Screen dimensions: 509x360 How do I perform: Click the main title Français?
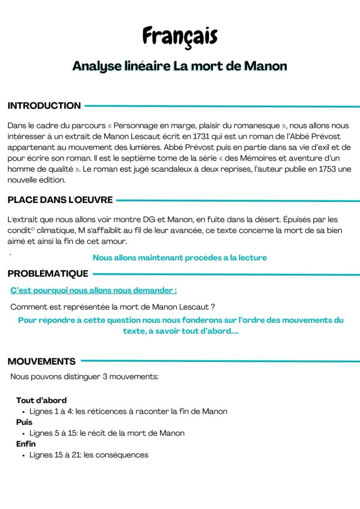180,36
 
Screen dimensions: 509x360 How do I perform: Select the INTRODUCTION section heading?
44,106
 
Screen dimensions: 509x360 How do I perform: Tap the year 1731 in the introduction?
201,136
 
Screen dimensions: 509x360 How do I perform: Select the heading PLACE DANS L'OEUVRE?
60,200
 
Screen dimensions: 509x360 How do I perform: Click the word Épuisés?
298,220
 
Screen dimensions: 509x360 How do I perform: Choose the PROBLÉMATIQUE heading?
48,273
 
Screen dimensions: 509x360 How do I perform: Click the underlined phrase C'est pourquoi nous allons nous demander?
93,290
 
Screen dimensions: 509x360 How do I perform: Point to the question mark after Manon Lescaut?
213,307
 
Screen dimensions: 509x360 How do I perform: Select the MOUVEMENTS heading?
41,361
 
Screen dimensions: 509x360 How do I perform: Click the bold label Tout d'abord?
41,400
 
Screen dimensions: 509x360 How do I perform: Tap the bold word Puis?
24,422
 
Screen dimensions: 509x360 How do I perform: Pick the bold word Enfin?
26,444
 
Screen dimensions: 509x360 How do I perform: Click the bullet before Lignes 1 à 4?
23,412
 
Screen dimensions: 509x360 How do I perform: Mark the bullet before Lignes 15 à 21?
23,455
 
